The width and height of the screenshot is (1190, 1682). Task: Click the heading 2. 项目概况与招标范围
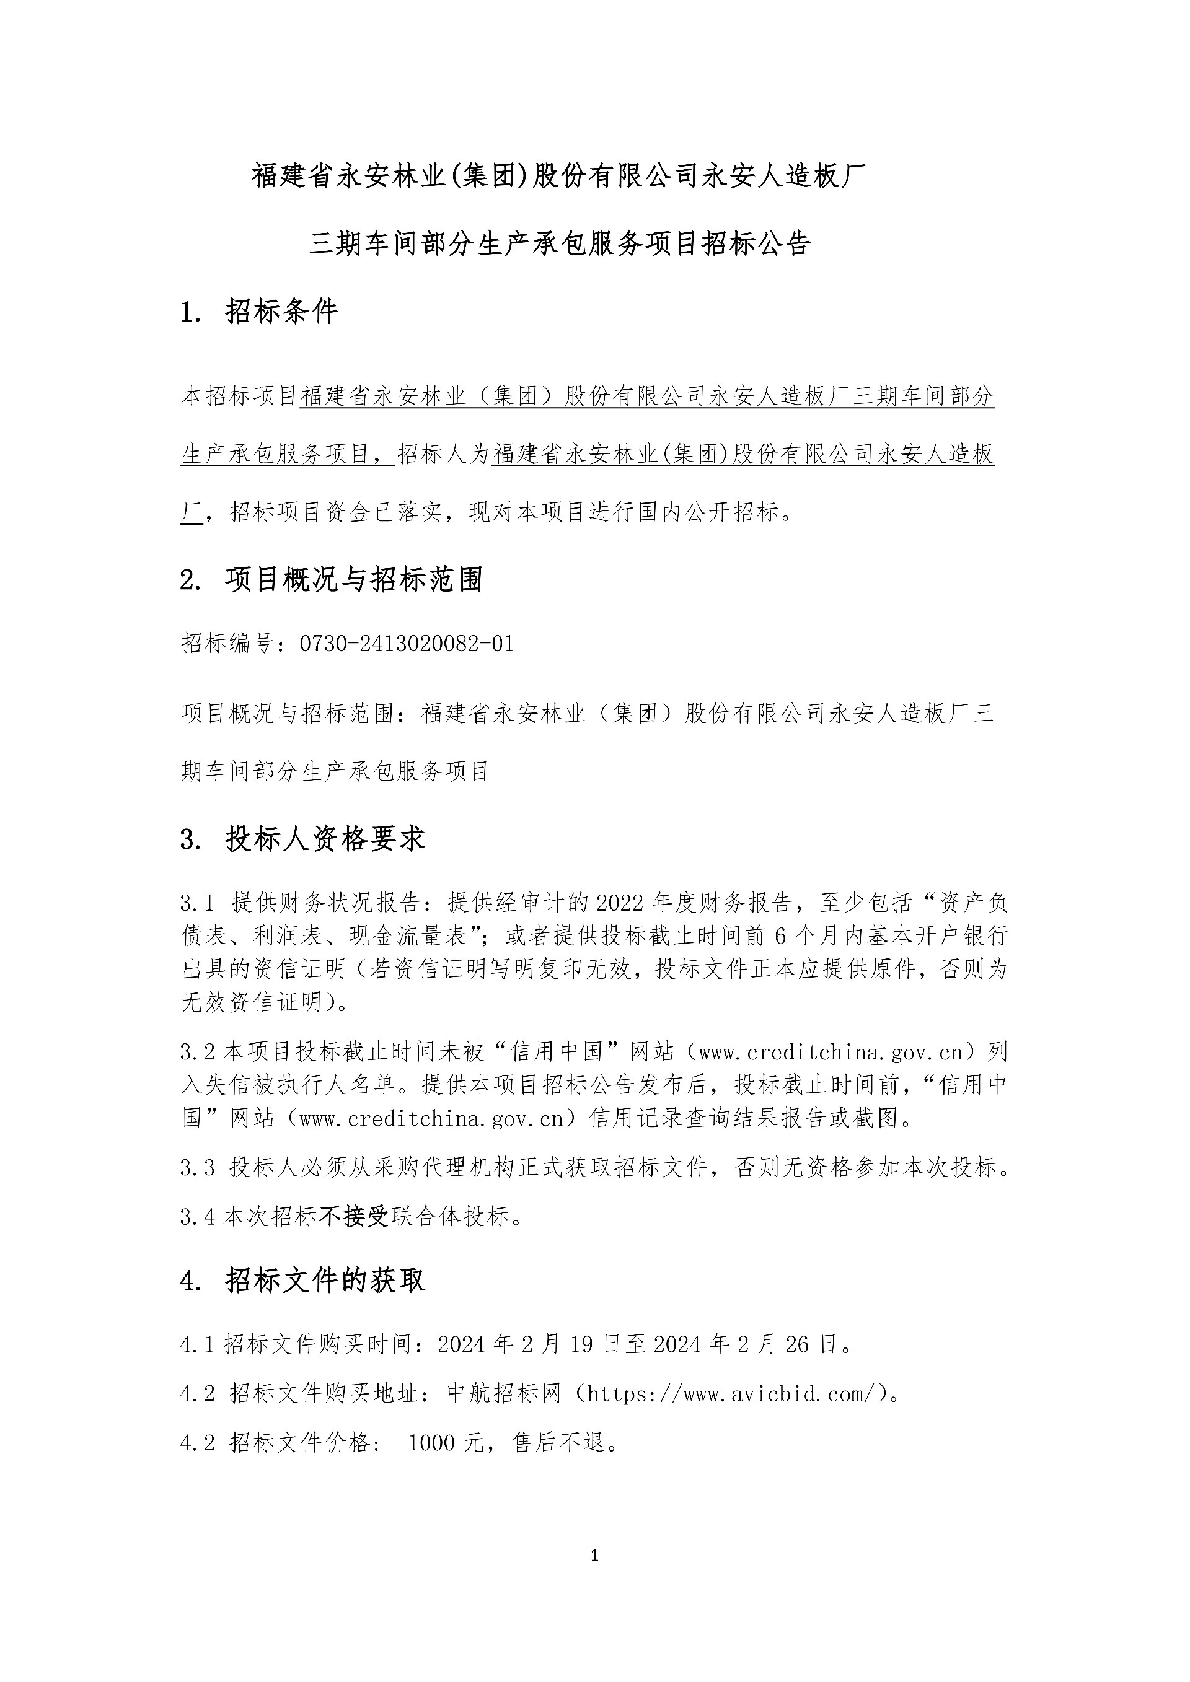coord(331,580)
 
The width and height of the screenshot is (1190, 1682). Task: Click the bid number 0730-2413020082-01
coord(407,644)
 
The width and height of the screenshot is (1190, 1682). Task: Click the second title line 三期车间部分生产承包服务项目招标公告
coord(560,244)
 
